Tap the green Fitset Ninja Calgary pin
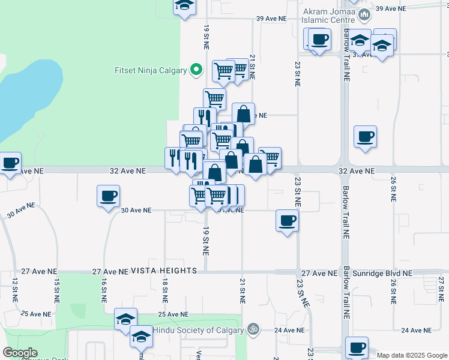(196, 70)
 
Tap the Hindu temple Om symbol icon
(253, 329)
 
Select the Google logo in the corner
(20, 353)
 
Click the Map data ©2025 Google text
(411, 355)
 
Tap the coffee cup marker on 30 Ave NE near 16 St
(108, 196)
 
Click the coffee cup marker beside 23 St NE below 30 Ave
(287, 221)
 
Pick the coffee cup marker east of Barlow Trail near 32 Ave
(365, 137)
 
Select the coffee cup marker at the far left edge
(10, 163)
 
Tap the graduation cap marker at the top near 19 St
(185, 6)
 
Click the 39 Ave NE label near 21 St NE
(271, 19)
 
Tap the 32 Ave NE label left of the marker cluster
(128, 171)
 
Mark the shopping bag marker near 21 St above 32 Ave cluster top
(243, 114)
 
